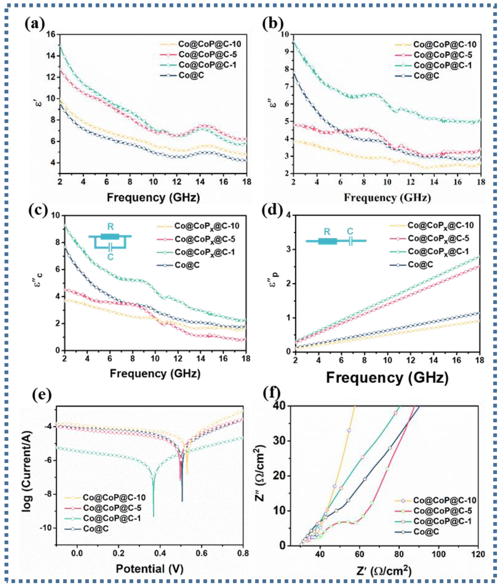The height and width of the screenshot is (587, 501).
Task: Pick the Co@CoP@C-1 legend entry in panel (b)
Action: click(x=443, y=65)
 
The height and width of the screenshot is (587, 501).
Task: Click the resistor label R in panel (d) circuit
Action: click(x=327, y=232)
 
